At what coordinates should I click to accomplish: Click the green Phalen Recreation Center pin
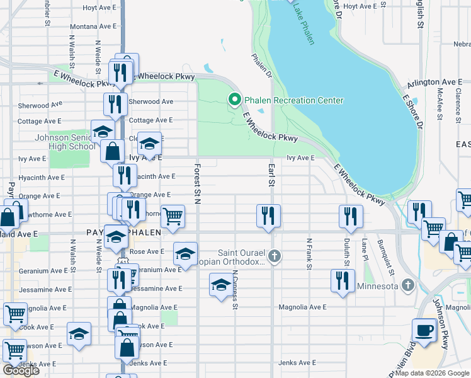coord(234,100)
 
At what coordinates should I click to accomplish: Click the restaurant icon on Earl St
coord(268,215)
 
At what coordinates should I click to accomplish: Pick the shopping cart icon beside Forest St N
coord(173,216)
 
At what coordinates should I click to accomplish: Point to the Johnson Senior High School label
coord(65,142)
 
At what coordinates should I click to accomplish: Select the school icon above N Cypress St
coord(221,285)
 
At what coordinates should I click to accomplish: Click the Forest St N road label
coord(197,184)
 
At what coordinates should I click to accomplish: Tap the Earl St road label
coord(271,175)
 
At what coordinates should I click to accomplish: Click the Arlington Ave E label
coord(435,82)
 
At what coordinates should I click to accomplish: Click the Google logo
coord(20,370)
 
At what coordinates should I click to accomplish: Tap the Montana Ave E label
coord(93,26)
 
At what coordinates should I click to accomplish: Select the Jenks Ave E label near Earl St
coord(297,363)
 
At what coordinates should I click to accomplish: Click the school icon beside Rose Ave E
coord(184,253)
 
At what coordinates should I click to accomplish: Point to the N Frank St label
coord(309,254)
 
